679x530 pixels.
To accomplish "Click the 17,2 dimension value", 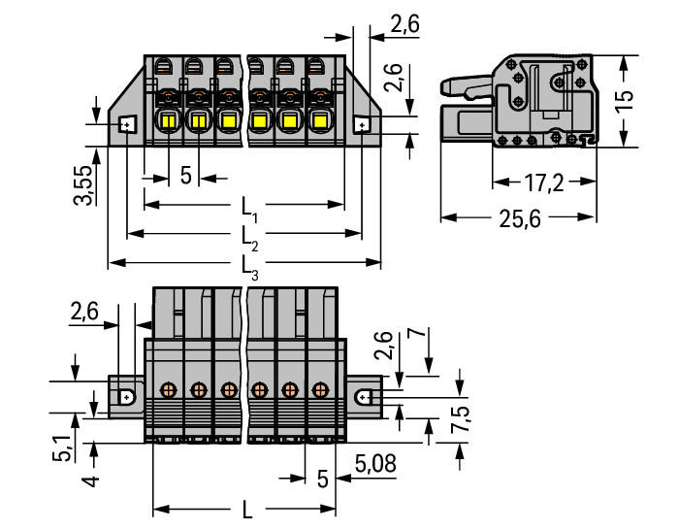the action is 544,182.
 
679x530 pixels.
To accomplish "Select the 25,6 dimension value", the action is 520,218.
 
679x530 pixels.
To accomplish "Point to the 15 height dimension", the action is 625,101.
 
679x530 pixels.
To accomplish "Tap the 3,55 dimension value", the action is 82,184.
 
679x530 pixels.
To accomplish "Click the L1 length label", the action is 249,209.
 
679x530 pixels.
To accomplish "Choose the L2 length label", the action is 249,238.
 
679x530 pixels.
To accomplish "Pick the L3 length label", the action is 249,267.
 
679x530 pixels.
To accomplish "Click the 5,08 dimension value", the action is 375,464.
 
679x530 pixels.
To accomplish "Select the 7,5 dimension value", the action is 460,419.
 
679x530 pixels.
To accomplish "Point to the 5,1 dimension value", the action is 63,449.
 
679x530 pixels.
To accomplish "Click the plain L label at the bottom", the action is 246,510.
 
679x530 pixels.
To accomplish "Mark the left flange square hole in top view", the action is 127,125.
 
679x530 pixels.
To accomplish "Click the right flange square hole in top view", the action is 362,125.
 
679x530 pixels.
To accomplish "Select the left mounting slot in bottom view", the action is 125,396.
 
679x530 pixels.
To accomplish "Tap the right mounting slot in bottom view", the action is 362,396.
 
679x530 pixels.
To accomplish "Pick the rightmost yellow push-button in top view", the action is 319,121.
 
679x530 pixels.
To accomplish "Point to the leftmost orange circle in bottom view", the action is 168,389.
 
